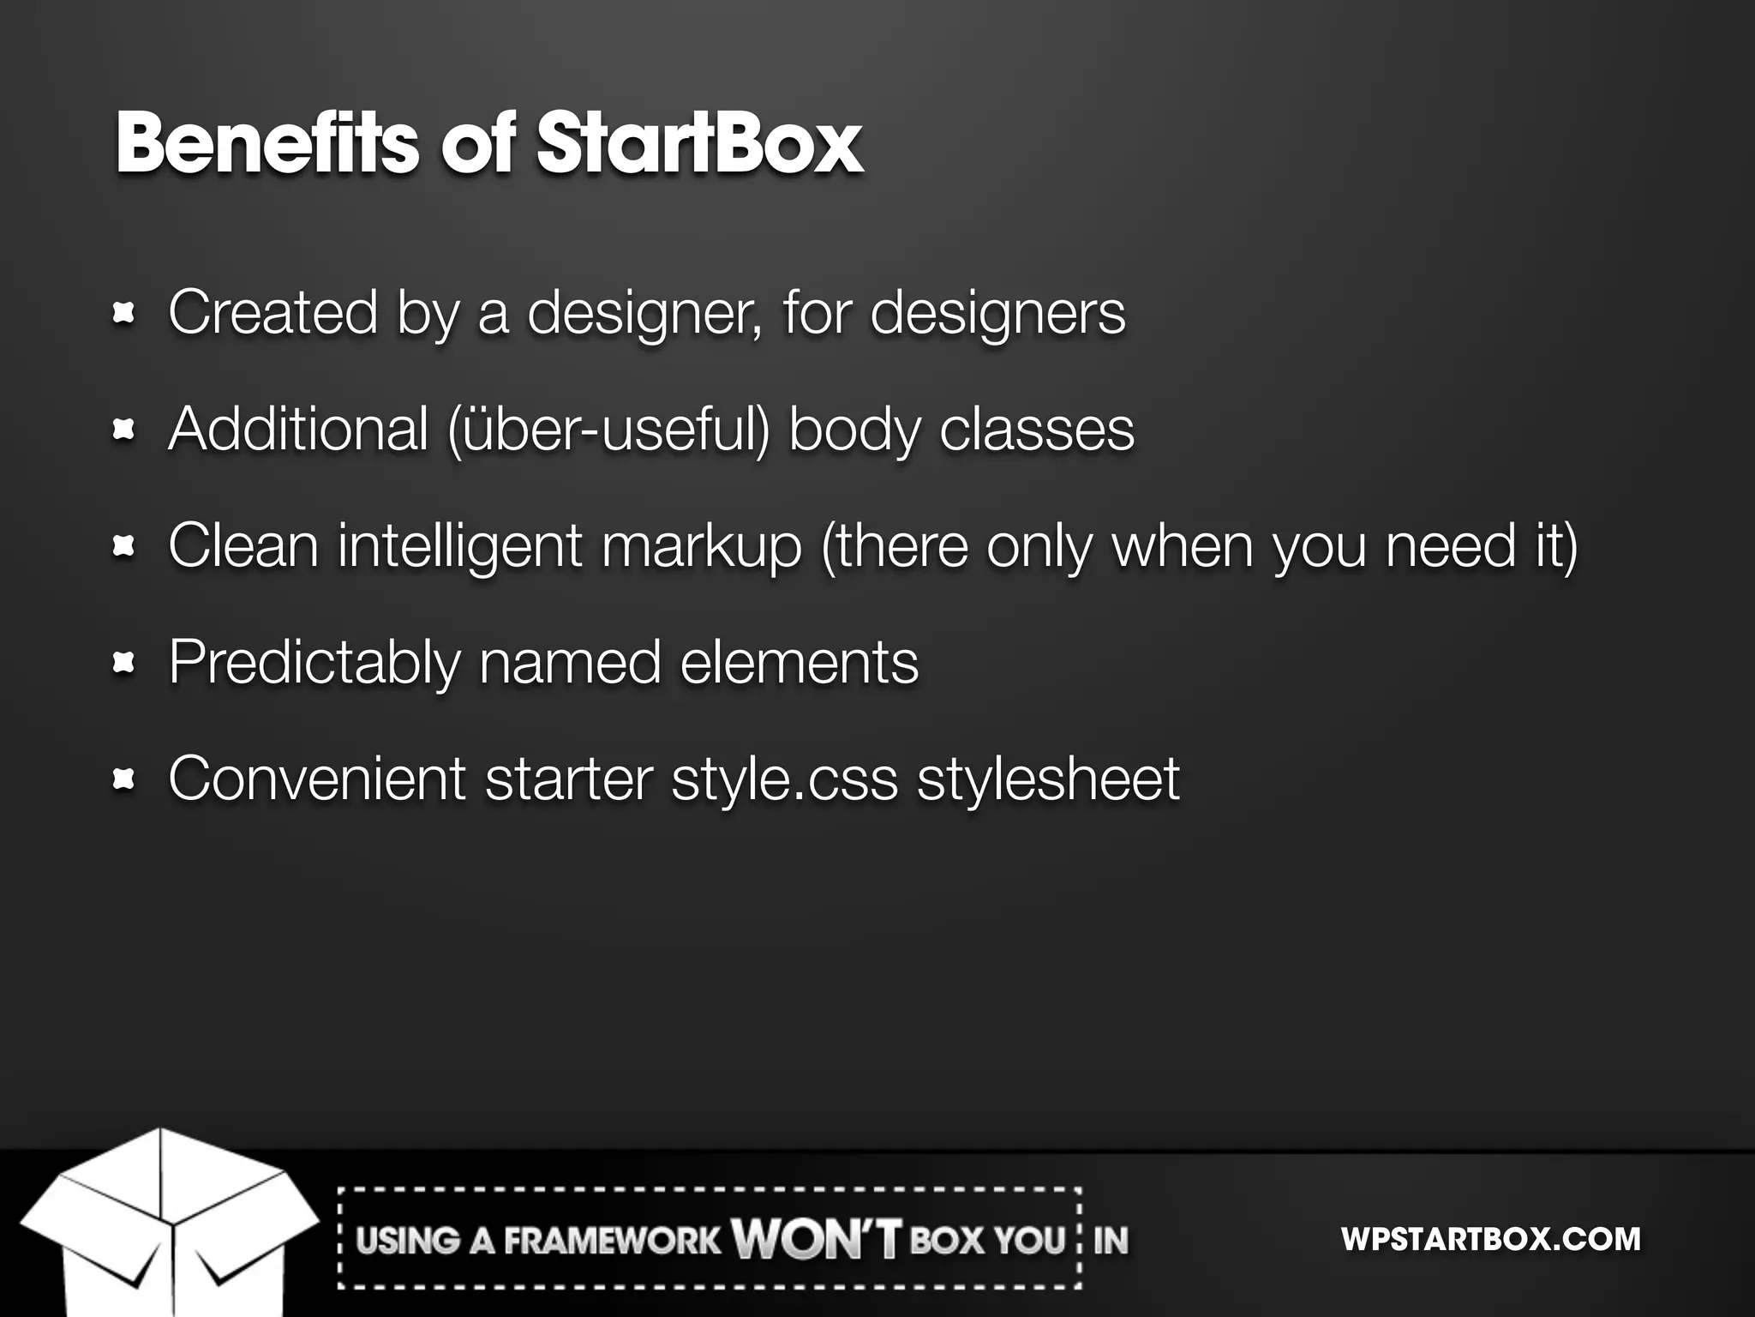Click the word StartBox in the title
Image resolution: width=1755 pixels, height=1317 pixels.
click(x=699, y=143)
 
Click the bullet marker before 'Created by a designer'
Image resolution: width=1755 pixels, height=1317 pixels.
click(x=125, y=314)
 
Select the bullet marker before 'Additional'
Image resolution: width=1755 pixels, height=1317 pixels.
click(x=125, y=430)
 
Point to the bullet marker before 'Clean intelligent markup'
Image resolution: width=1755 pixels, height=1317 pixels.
click(x=125, y=547)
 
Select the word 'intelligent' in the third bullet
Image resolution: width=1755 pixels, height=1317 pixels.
click(x=460, y=546)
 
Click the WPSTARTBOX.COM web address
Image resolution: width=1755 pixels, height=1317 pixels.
click(x=1490, y=1239)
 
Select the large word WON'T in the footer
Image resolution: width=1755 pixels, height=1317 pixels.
click(x=817, y=1239)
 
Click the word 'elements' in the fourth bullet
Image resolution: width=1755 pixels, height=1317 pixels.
click(x=799, y=663)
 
